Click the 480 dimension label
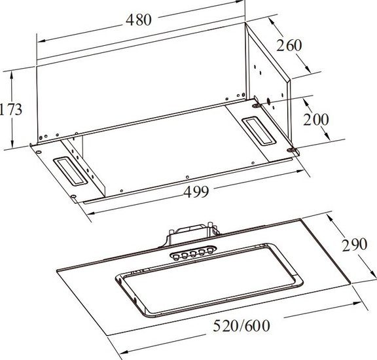[x=139, y=20]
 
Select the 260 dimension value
[x=289, y=45]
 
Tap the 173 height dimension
[x=11, y=109]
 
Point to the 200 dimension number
[x=315, y=120]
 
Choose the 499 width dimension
[x=196, y=192]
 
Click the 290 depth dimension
[x=355, y=245]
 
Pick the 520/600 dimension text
[x=242, y=326]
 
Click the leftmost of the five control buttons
[x=176, y=257]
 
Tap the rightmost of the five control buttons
[x=210, y=251]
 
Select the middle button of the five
[x=193, y=254]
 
